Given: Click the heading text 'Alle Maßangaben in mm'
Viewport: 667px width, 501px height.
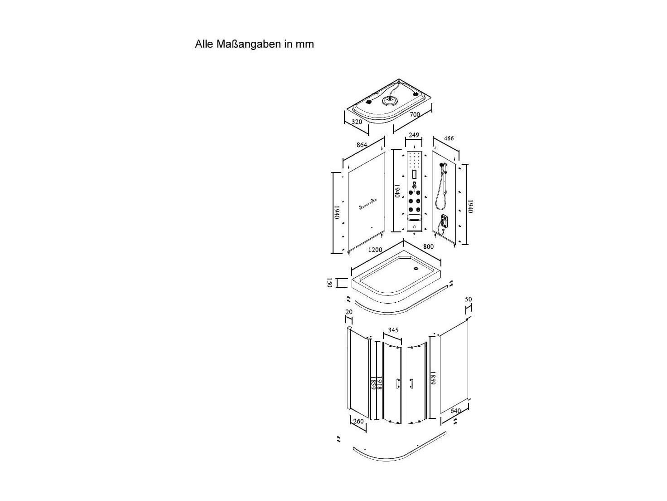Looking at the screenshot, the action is [x=254, y=44].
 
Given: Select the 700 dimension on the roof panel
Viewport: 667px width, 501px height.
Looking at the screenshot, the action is [x=415, y=115].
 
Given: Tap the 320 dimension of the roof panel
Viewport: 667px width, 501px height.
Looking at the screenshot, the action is [x=357, y=122].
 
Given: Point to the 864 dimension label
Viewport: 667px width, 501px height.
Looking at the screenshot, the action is [x=362, y=145].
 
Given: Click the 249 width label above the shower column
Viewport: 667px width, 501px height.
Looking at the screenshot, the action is [x=414, y=135].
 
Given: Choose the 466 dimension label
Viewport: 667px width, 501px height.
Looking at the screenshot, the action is [x=449, y=138].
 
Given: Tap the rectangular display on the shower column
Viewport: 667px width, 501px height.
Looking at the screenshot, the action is [x=414, y=175].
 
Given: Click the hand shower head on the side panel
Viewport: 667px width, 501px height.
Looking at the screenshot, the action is [x=441, y=165].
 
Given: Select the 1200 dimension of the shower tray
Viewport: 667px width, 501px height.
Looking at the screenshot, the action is [x=375, y=250].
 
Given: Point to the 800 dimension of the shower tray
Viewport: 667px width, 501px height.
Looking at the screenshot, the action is [x=428, y=246].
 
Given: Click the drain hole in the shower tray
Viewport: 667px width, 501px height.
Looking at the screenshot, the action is [x=416, y=268].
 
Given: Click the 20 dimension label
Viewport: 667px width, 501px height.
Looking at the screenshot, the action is [x=349, y=312].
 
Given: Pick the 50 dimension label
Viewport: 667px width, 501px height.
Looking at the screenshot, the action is [x=468, y=299].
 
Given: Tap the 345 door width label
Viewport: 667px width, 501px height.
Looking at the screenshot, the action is [x=393, y=330].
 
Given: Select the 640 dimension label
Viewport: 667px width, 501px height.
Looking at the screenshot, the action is [x=455, y=411].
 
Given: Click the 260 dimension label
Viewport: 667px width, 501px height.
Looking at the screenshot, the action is [x=358, y=421].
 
